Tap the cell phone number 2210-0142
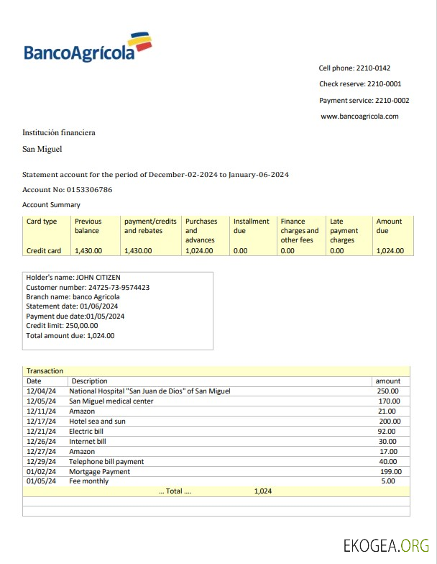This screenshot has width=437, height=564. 373,68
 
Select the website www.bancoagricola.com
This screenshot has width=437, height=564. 359,116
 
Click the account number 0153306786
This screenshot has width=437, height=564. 87,190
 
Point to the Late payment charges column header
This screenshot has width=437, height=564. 344,231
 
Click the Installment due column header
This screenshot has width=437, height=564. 251,226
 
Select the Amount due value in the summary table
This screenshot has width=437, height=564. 390,251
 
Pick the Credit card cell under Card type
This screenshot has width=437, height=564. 44,251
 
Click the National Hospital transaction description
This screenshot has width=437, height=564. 149,391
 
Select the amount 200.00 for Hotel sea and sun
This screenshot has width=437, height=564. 390,421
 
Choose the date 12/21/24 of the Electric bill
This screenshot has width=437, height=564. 41,431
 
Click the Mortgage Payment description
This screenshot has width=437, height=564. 99,471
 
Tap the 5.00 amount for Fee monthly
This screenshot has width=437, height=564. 388,481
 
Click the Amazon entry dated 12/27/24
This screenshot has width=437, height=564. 82,451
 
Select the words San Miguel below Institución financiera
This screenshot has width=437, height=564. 42,149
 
